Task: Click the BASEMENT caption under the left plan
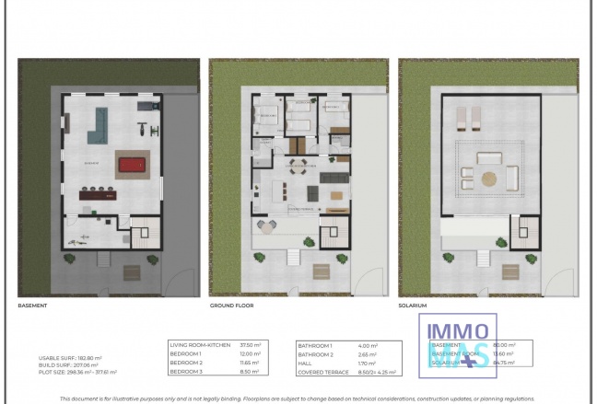point(32,304)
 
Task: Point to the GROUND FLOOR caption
point(231,304)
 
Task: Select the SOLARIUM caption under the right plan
point(414,304)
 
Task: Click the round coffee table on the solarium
point(489,175)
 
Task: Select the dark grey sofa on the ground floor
point(312,193)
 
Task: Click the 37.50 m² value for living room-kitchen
point(248,344)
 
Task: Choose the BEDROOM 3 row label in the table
point(188,373)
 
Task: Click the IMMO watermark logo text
point(458,331)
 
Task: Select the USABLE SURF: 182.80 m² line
point(70,357)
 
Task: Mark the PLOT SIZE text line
point(70,372)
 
